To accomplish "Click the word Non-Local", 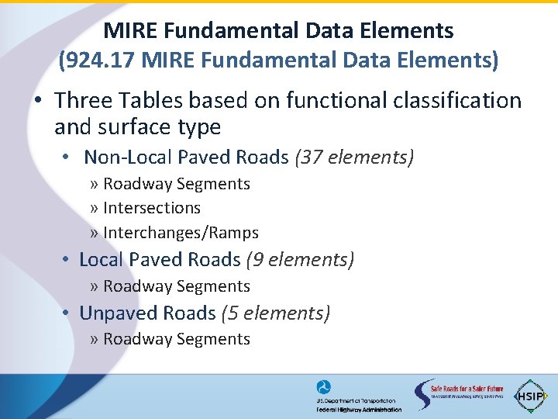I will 128,157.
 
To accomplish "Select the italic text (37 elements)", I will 354,157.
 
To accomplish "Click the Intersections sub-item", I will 151,208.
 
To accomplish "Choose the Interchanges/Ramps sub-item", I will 181,233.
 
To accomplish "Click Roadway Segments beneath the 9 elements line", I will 176,286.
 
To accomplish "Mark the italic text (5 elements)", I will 276,313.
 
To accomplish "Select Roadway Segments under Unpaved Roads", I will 176,339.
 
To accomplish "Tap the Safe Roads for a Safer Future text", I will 467,389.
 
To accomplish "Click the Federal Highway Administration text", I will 359,410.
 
